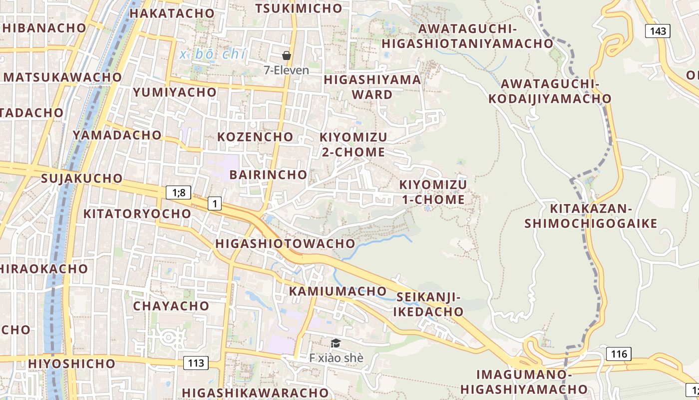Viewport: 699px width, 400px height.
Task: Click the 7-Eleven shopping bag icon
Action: pyautogui.click(x=287, y=55)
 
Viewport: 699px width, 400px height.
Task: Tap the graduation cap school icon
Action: pyautogui.click(x=336, y=343)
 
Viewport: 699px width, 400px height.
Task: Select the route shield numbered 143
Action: pyautogui.click(x=658, y=31)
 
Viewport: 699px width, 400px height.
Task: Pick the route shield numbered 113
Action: pyautogui.click(x=196, y=362)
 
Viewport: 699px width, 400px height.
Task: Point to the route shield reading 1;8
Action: pyautogui.click(x=178, y=192)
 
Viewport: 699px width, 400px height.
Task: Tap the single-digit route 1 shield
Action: pyautogui.click(x=215, y=203)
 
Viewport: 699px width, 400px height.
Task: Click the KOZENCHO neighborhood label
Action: pyautogui.click(x=255, y=136)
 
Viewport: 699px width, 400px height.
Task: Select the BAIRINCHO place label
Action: pyautogui.click(x=268, y=174)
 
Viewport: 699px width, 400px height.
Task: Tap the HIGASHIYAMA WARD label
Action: pyautogui.click(x=372, y=87)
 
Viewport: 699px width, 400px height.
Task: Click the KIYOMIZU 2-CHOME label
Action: pyautogui.click(x=353, y=144)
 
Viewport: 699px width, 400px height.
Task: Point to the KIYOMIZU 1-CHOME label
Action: pyautogui.click(x=433, y=192)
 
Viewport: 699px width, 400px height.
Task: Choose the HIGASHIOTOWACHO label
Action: pyautogui.click(x=285, y=243)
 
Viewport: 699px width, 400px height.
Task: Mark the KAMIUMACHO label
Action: pyautogui.click(x=338, y=291)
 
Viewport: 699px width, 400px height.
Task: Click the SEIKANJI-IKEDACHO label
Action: pyautogui.click(x=428, y=304)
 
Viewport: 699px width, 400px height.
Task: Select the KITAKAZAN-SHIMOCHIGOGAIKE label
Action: pyautogui.click(x=591, y=215)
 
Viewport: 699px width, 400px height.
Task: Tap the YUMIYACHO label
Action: pyautogui.click(x=175, y=92)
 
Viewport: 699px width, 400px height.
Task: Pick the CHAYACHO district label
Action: pyautogui.click(x=171, y=305)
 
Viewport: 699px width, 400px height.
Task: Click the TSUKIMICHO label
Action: pyautogui.click(x=299, y=8)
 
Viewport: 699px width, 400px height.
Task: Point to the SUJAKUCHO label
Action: pyautogui.click(x=82, y=178)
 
